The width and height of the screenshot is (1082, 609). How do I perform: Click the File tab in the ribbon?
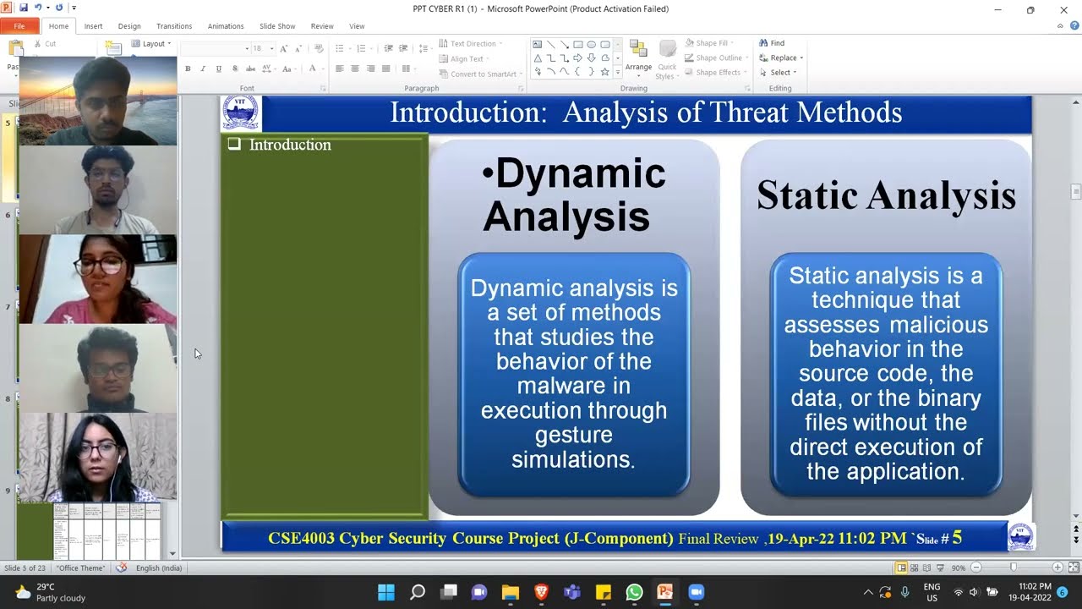(x=19, y=26)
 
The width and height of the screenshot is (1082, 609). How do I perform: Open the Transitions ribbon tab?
(x=174, y=26)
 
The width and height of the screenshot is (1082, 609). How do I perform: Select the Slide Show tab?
(x=277, y=26)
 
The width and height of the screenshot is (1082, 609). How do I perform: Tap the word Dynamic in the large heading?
(x=580, y=174)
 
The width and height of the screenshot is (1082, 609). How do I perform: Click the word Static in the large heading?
(x=800, y=195)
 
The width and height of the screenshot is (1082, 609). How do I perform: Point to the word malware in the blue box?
(x=574, y=386)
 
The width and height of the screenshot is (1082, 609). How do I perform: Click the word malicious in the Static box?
(x=940, y=325)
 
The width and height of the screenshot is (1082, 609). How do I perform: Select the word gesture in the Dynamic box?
(x=574, y=435)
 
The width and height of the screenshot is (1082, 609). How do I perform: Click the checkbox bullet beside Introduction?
(x=234, y=145)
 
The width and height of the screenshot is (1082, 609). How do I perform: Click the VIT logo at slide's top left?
(x=240, y=113)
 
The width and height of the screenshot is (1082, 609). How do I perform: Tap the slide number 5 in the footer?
(x=957, y=538)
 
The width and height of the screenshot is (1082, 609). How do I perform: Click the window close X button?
(x=1063, y=10)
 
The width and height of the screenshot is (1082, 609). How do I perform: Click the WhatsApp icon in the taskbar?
(x=634, y=592)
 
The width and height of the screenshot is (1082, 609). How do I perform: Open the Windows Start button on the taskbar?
(x=385, y=592)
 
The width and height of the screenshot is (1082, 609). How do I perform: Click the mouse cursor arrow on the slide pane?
(x=197, y=353)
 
